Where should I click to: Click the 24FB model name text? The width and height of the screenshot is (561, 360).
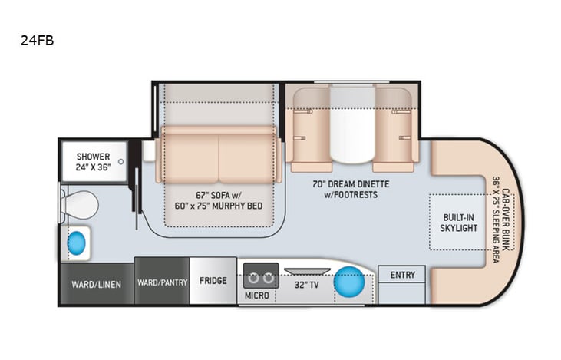[x=37, y=40]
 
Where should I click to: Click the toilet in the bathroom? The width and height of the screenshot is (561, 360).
[x=79, y=205]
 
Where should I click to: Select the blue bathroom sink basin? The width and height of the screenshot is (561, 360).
[x=77, y=243]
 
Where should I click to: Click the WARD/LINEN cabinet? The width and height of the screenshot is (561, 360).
[x=97, y=283]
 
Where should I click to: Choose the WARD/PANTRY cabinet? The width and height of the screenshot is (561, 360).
[x=162, y=282]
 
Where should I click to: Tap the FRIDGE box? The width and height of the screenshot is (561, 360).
[x=213, y=281]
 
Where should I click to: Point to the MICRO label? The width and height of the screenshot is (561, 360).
[x=256, y=295]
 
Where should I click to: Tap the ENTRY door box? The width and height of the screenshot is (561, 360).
[x=402, y=276]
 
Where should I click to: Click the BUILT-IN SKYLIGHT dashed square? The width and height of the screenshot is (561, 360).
[x=458, y=221]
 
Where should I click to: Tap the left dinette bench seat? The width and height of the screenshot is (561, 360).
[x=312, y=129]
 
